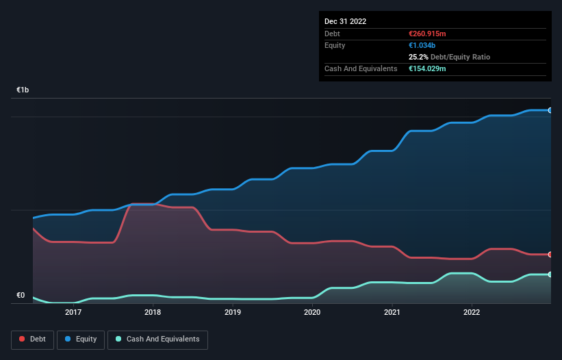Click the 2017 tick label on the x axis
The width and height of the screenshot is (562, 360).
coord(73,312)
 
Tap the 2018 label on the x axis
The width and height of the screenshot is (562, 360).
coord(153,312)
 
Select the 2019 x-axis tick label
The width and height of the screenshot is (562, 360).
coord(233,312)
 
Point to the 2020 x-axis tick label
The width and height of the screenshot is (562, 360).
coord(312,312)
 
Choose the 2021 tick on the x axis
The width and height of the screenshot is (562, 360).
coord(392,312)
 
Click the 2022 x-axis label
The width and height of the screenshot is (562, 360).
coord(472,312)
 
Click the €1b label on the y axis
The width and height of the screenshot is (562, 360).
coord(23,90)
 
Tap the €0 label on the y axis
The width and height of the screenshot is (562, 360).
coord(21,296)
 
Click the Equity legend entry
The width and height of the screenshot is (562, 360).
coord(80,339)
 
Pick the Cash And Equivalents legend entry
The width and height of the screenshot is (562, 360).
coord(157,339)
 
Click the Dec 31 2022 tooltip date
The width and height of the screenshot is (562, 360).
coord(346,21)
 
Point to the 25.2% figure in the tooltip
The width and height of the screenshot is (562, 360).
coord(418,57)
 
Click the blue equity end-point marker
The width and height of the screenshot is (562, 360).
coord(550,110)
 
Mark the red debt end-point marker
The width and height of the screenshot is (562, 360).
coord(550,255)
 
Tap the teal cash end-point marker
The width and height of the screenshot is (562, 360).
coord(550,274)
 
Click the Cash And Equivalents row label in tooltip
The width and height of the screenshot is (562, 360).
coord(361,68)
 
